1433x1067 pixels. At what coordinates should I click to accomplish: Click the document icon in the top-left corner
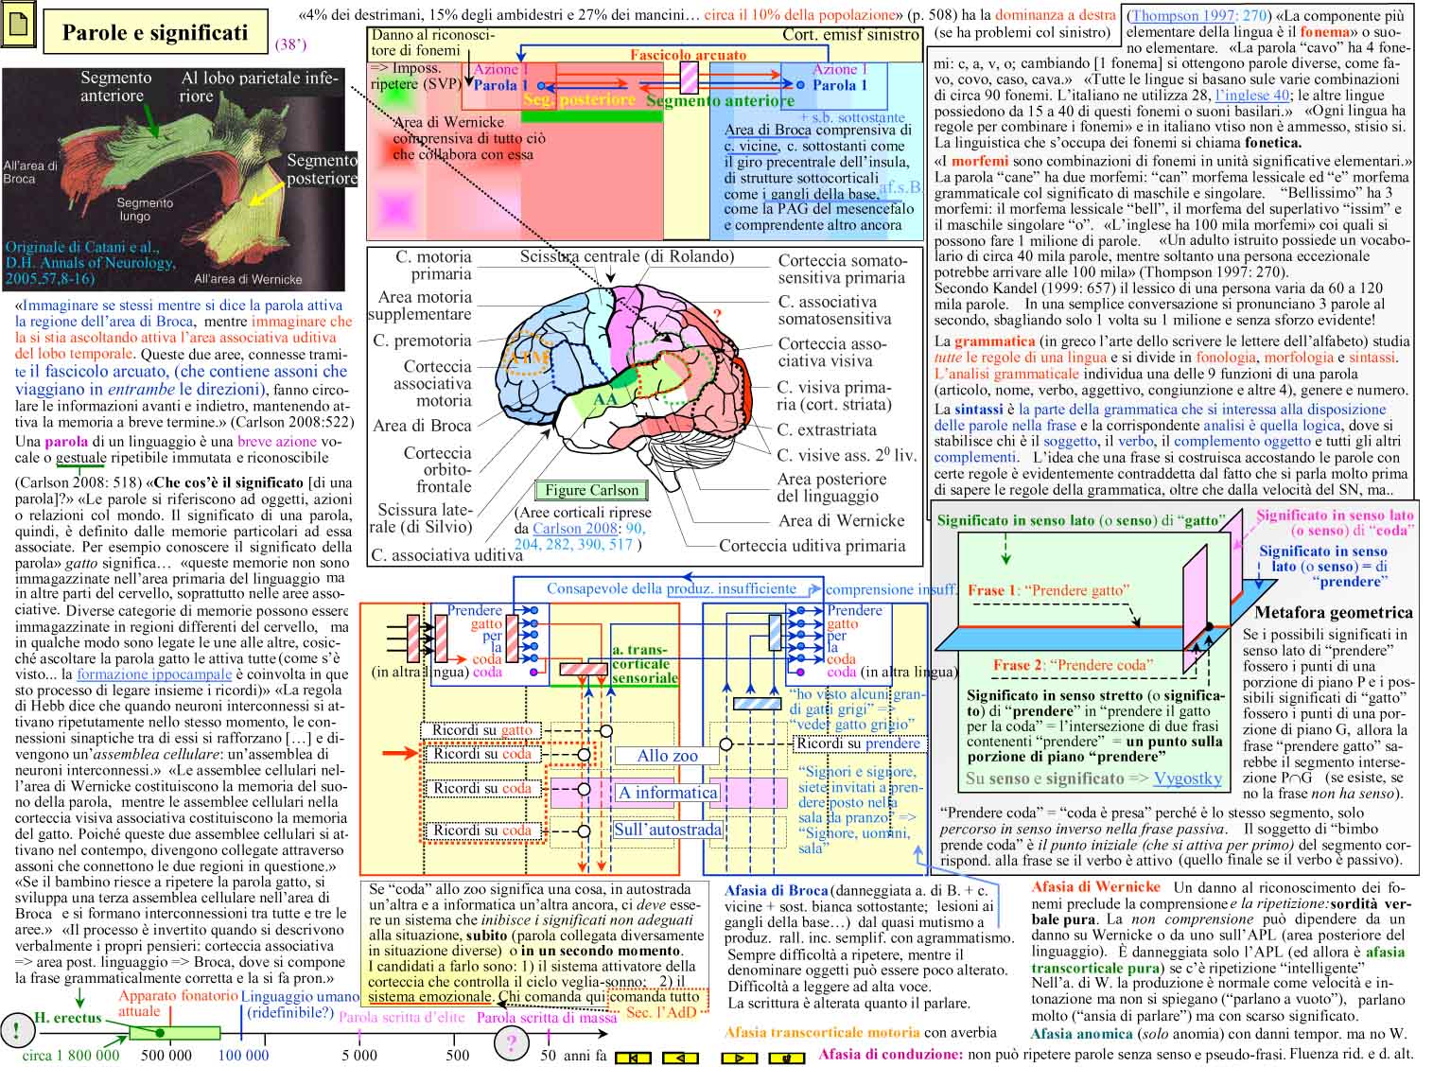click(x=21, y=30)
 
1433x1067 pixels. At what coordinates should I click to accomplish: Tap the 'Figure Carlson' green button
click(x=592, y=490)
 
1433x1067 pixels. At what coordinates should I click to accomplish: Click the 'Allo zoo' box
click(x=667, y=756)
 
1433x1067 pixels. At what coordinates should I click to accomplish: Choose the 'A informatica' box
click(x=667, y=793)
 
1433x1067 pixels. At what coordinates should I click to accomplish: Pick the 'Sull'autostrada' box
click(x=667, y=830)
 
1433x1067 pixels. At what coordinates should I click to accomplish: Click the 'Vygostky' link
click(x=1187, y=778)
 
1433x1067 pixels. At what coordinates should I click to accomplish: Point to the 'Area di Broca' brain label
click(x=422, y=426)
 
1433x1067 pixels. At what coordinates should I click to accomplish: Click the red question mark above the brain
click(x=717, y=315)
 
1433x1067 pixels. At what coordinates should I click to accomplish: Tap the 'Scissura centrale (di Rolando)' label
click(x=626, y=256)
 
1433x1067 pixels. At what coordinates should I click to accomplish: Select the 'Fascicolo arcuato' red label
click(x=688, y=55)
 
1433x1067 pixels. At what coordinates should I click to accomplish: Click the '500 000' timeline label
click(x=166, y=1055)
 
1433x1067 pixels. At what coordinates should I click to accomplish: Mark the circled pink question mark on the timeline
click(x=512, y=1044)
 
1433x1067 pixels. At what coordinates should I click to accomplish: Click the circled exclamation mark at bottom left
click(x=16, y=1030)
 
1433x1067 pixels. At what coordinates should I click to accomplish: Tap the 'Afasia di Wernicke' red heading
click(x=1095, y=887)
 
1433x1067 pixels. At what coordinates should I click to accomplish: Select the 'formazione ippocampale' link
click(x=154, y=674)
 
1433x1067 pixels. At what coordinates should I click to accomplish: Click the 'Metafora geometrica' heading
click(x=1333, y=612)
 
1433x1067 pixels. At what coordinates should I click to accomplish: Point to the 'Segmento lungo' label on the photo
click(x=145, y=209)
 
